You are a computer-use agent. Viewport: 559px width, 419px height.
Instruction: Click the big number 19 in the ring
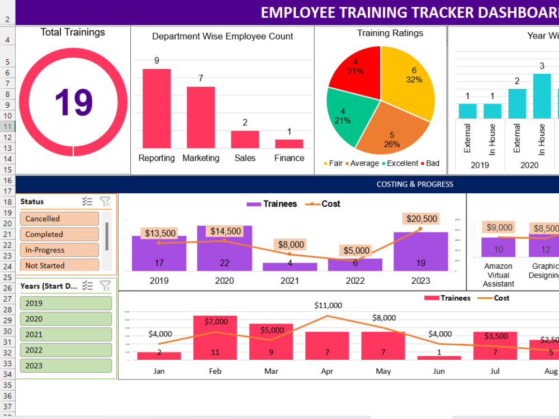[x=73, y=102]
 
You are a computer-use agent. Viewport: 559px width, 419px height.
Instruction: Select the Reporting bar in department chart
[x=157, y=108]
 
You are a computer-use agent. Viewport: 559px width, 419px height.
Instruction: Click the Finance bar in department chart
[x=289, y=144]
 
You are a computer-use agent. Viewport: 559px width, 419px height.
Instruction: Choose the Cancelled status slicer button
[x=59, y=219]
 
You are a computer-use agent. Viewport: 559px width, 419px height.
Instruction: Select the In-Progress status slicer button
[x=59, y=250]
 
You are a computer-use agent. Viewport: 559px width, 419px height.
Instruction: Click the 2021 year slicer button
[x=66, y=335]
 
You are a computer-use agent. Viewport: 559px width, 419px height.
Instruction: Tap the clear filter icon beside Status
[x=105, y=202]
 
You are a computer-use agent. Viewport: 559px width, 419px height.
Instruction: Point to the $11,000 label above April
[x=328, y=306]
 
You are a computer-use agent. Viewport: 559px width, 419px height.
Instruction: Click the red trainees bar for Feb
[x=215, y=337]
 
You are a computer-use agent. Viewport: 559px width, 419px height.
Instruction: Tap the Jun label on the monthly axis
[x=439, y=371]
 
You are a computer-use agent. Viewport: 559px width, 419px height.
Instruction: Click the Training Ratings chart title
[x=390, y=34]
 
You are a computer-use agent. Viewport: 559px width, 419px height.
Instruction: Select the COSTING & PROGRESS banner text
[x=415, y=184]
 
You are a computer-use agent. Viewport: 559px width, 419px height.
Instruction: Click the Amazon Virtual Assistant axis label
[x=498, y=275]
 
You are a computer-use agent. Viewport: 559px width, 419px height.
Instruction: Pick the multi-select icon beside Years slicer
[x=87, y=286]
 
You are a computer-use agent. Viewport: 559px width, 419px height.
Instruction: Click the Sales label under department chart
[x=245, y=158]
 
